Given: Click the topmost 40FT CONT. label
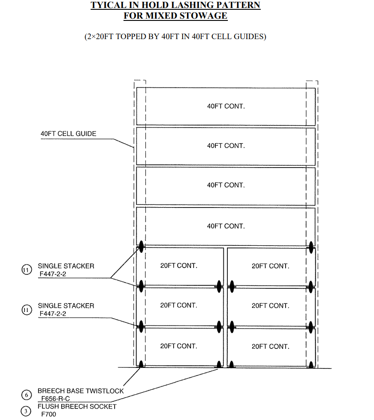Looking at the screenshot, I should (226, 106).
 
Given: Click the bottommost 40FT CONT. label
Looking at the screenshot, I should (226, 226).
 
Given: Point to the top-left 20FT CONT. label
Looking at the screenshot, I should (179, 266).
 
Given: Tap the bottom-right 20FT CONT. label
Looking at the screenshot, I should (270, 346).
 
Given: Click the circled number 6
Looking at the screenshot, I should (26, 395).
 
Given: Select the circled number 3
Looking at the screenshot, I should (26, 411).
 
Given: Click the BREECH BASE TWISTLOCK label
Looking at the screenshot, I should (80, 391).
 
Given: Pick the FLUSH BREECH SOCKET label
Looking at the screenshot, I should (77, 406).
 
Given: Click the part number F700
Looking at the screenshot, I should (48, 414).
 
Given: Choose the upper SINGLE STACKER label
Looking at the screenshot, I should (66, 266).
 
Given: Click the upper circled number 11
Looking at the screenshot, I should (27, 270).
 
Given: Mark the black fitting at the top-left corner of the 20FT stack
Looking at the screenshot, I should (141, 246).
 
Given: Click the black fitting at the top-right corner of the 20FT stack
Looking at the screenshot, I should (311, 246).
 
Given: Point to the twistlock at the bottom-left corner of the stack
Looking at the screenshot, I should (141, 365).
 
